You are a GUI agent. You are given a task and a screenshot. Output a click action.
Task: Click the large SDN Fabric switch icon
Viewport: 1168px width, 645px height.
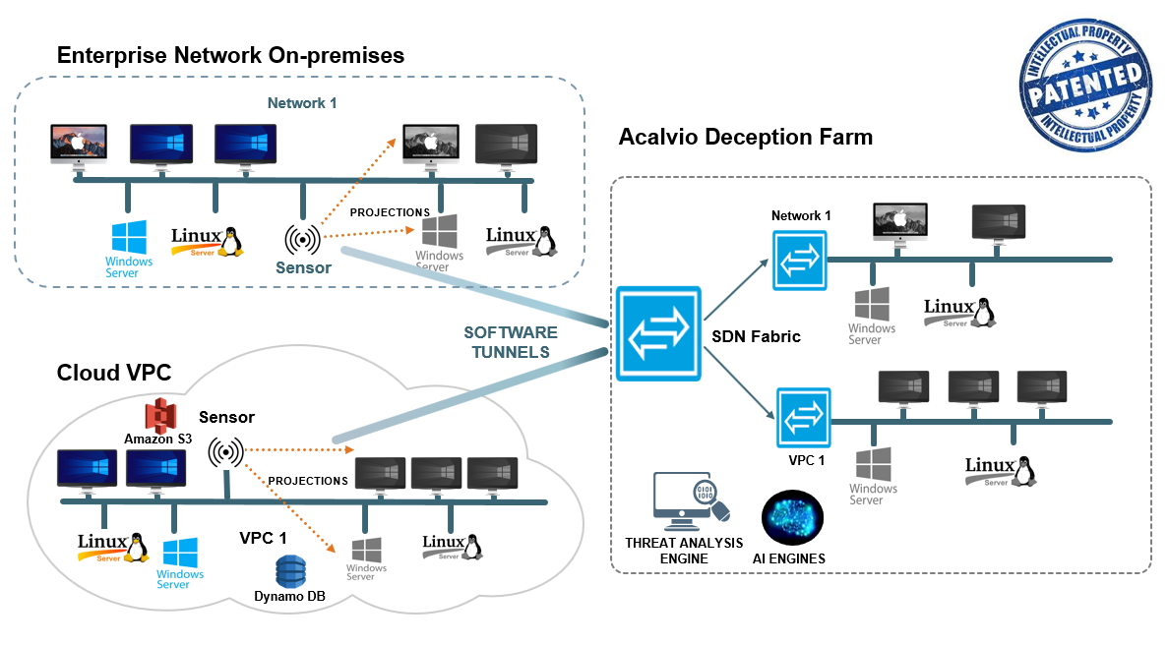658,333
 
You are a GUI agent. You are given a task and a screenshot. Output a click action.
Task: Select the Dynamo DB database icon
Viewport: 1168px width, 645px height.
291,570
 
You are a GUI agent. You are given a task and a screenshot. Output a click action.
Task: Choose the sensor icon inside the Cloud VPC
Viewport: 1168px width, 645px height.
226,450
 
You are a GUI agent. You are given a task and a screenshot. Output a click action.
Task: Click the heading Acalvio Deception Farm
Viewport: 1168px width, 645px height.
745,138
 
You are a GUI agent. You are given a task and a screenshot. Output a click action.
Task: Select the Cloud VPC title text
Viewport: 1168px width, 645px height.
113,373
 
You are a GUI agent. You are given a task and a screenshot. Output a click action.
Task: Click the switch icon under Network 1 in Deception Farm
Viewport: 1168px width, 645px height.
799,260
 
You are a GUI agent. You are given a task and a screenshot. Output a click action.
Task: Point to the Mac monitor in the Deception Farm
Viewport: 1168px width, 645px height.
899,223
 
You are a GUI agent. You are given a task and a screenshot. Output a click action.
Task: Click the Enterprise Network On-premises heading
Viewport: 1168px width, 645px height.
230,56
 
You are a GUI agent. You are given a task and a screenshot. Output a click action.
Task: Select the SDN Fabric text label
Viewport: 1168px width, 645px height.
756,337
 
